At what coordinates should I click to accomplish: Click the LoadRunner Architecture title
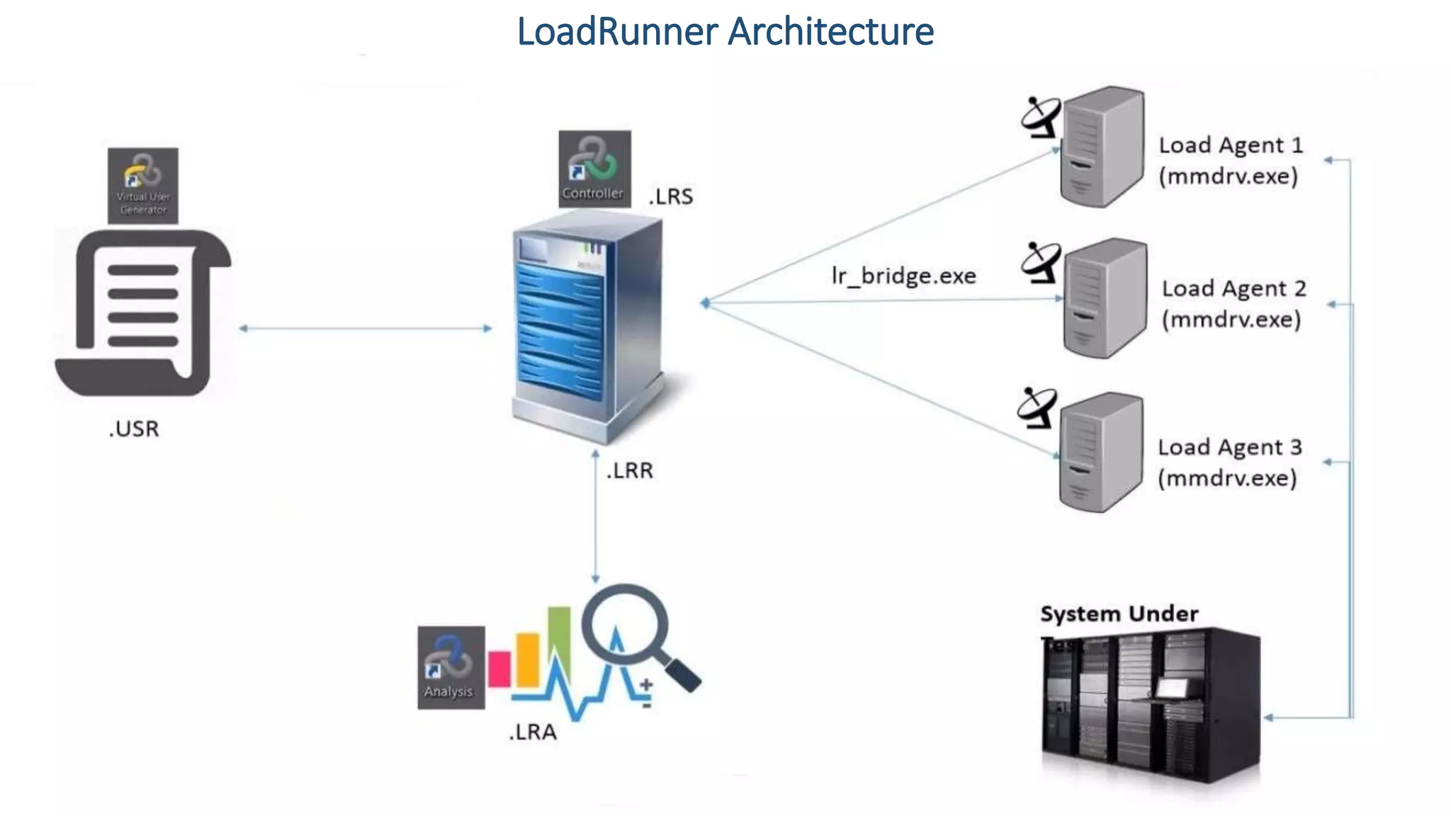pos(725,32)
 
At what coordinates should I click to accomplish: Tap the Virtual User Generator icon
pos(142,185)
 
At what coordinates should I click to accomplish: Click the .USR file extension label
pos(134,429)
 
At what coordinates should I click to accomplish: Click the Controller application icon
pos(594,169)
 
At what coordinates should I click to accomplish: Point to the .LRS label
pos(670,196)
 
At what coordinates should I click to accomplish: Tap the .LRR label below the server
pos(629,470)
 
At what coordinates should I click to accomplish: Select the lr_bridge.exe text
pos(903,276)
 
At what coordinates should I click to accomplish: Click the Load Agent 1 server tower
pos(1102,147)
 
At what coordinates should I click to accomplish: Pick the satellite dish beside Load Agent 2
pos(1040,262)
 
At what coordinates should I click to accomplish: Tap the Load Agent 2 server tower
pos(1105,298)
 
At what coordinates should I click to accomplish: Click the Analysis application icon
pos(451,667)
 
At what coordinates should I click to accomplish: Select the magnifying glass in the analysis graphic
pos(627,627)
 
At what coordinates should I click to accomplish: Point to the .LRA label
pos(532,732)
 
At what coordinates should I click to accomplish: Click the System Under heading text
pos(1119,613)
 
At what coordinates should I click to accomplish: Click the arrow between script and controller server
pos(365,328)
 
